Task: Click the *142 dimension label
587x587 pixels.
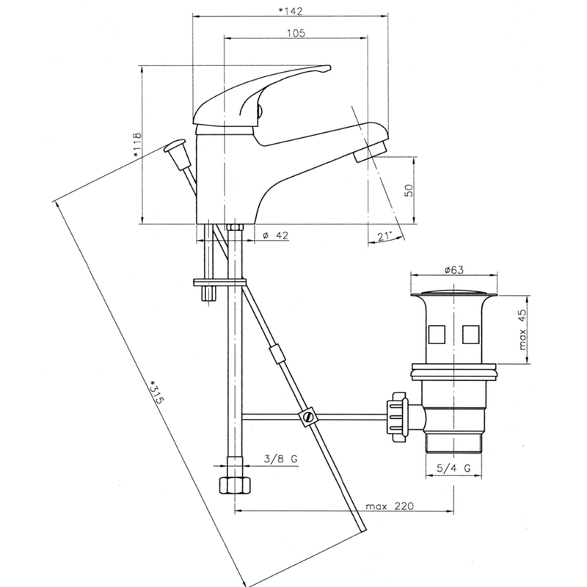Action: click(x=290, y=11)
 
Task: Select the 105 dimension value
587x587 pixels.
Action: click(x=296, y=33)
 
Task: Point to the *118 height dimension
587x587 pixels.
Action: click(x=136, y=144)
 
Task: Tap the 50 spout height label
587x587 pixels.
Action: click(x=409, y=190)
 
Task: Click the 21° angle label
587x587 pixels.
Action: click(x=384, y=236)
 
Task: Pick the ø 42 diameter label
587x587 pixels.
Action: click(x=276, y=236)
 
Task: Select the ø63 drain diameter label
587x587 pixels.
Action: click(x=453, y=269)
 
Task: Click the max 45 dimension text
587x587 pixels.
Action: click(x=522, y=329)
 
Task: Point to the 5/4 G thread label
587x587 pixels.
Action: click(x=453, y=467)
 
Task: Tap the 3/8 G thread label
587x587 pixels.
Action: click(x=281, y=459)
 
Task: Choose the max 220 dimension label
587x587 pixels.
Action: click(x=390, y=506)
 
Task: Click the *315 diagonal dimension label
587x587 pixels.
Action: click(x=156, y=392)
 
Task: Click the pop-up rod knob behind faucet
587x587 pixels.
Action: click(x=175, y=145)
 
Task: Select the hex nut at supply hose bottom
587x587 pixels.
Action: click(x=235, y=486)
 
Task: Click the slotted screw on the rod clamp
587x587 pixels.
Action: click(x=307, y=416)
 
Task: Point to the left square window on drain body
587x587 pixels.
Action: click(x=437, y=335)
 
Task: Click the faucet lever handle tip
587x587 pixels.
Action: click(x=327, y=68)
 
